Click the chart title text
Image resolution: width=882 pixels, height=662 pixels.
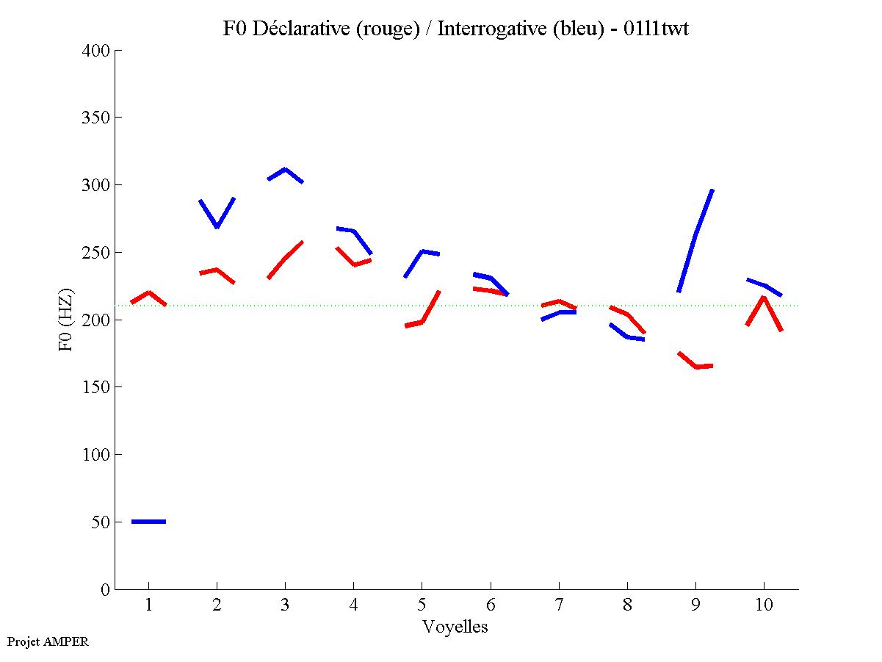coord(455,29)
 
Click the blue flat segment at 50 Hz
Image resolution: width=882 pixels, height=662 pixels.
coord(148,521)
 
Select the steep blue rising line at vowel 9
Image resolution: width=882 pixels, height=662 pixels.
coord(695,235)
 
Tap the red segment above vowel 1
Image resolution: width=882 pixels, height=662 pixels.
coord(148,293)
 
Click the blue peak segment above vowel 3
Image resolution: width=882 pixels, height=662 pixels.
coord(285,170)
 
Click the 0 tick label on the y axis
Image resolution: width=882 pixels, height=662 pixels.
coord(106,589)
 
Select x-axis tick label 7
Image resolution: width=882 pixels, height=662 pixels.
coord(559,605)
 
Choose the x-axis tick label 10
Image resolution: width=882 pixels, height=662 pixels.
coord(764,605)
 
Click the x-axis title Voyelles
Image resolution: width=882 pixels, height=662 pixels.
coord(455,627)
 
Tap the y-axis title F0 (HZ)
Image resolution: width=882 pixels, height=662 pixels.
coord(65,320)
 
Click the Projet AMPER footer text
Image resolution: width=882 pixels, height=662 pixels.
coord(48,641)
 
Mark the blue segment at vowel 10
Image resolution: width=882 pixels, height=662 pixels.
coord(764,285)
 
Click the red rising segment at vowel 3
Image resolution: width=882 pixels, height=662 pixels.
coord(285,258)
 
